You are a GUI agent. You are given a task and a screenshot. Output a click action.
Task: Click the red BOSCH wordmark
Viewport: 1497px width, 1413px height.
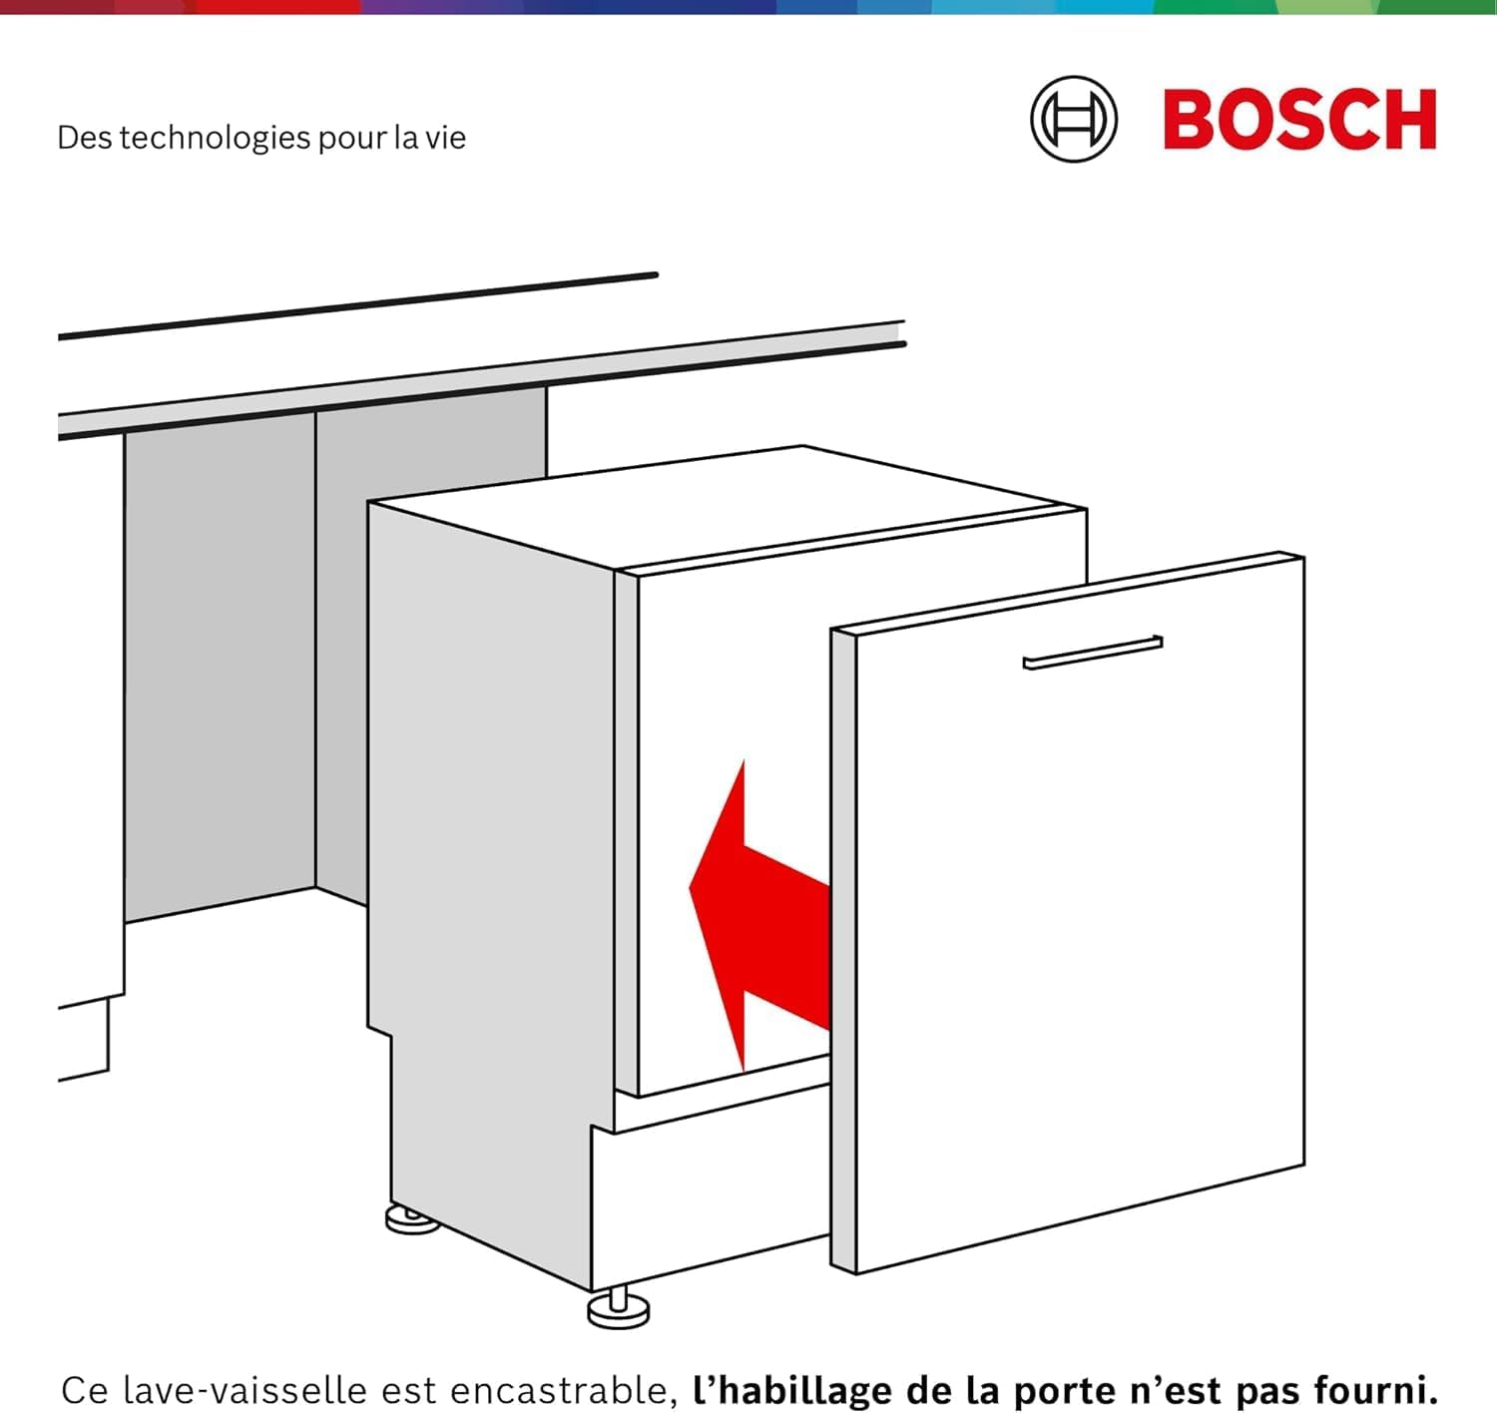tap(1299, 120)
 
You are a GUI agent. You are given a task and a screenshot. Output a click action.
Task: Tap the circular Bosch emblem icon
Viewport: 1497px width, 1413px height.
tap(1074, 120)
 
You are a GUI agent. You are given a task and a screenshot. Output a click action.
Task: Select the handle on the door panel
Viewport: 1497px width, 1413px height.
tap(1093, 653)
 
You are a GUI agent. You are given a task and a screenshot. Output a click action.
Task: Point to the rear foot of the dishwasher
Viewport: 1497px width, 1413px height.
tap(412, 1219)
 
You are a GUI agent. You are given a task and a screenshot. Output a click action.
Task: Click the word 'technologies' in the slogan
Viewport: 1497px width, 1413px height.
tap(216, 138)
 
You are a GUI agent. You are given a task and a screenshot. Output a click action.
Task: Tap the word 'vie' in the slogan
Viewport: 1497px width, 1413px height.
tap(445, 138)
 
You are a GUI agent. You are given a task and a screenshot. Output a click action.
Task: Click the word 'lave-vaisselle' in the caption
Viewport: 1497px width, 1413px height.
tap(250, 1389)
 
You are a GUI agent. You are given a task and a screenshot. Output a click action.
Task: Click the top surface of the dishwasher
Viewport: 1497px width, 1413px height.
tap(729, 509)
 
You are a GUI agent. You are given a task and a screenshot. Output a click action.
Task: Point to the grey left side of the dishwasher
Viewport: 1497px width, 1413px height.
tap(489, 848)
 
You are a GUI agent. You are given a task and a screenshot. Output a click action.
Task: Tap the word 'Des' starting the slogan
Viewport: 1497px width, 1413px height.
tap(84, 138)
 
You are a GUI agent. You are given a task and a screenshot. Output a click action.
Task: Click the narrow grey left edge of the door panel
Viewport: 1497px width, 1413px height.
tap(843, 948)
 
